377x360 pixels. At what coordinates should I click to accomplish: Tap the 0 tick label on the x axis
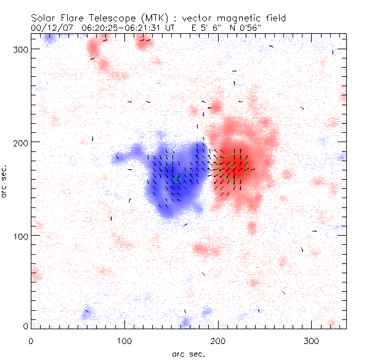pos(31,340)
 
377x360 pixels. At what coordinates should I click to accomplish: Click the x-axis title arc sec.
pos(188,353)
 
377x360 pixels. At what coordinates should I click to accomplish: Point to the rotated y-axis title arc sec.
pos(5,181)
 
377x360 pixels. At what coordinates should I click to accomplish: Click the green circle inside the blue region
pos(177,180)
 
